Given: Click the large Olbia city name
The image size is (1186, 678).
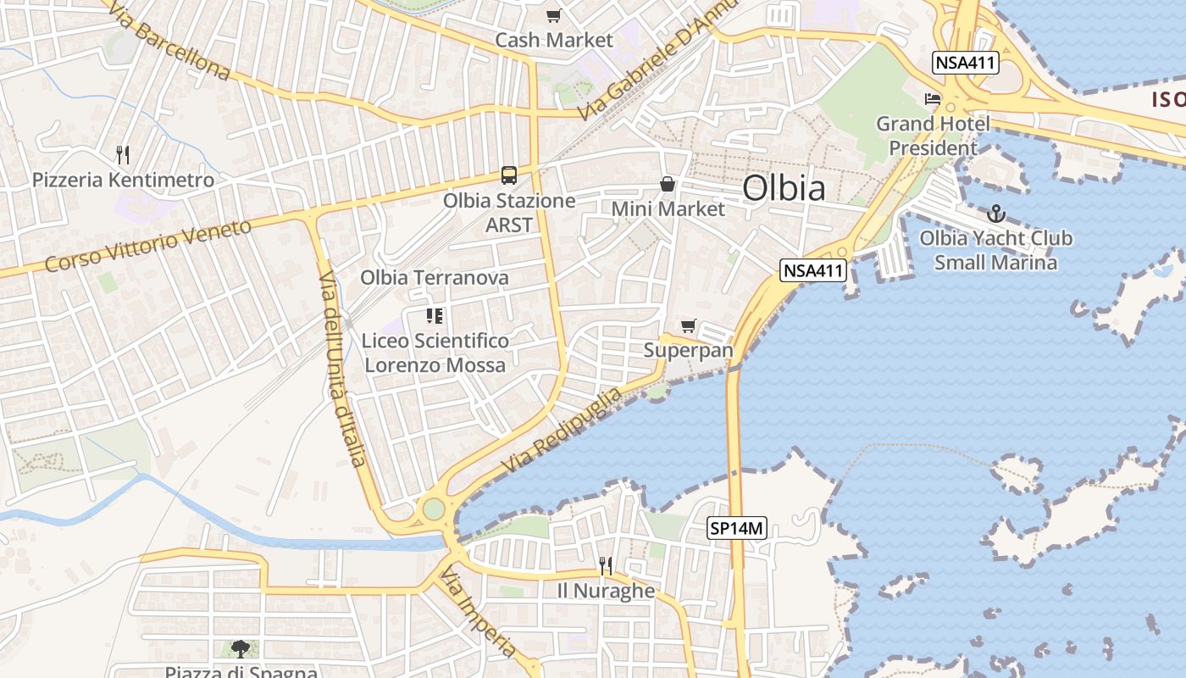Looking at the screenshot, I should click(x=784, y=188).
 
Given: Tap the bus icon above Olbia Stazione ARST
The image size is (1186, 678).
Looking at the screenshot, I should click(x=508, y=175).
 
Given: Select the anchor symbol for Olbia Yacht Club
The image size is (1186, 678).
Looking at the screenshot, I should click(x=996, y=214).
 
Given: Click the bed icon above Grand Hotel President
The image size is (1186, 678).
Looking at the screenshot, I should click(x=933, y=99).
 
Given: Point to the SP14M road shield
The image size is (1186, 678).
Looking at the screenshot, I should click(x=737, y=529).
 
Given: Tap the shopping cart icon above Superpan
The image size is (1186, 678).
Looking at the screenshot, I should click(x=688, y=326).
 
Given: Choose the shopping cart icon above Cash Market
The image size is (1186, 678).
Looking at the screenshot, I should click(x=553, y=15).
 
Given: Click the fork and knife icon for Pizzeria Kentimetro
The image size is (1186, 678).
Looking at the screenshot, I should click(x=123, y=154).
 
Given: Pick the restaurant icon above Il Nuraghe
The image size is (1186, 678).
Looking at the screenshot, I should click(x=606, y=565).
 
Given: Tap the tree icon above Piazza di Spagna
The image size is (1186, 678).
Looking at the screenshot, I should click(x=241, y=649).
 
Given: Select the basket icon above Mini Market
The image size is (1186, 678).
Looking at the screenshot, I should click(x=668, y=184).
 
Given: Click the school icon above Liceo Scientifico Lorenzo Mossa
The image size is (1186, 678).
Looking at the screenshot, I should click(x=435, y=317).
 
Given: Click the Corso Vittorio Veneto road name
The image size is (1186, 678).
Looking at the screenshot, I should click(x=148, y=246).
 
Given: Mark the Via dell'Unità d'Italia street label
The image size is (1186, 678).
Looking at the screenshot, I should click(x=342, y=369).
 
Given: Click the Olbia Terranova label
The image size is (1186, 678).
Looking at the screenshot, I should click(x=435, y=277).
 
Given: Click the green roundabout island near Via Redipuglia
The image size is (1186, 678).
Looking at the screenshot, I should click(x=433, y=508).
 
